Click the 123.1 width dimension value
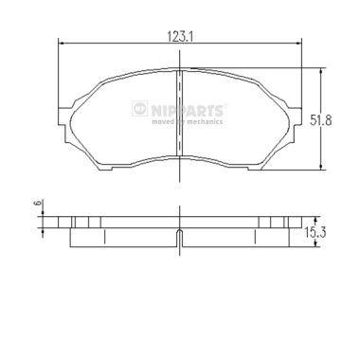[180, 37]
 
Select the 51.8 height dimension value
[320, 120]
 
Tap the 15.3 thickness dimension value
[315, 233]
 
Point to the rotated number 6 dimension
[38, 203]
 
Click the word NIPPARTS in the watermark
[188, 111]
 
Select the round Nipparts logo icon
[139, 108]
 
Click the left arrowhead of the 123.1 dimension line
[62, 44]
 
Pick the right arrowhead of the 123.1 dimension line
[298, 44]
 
